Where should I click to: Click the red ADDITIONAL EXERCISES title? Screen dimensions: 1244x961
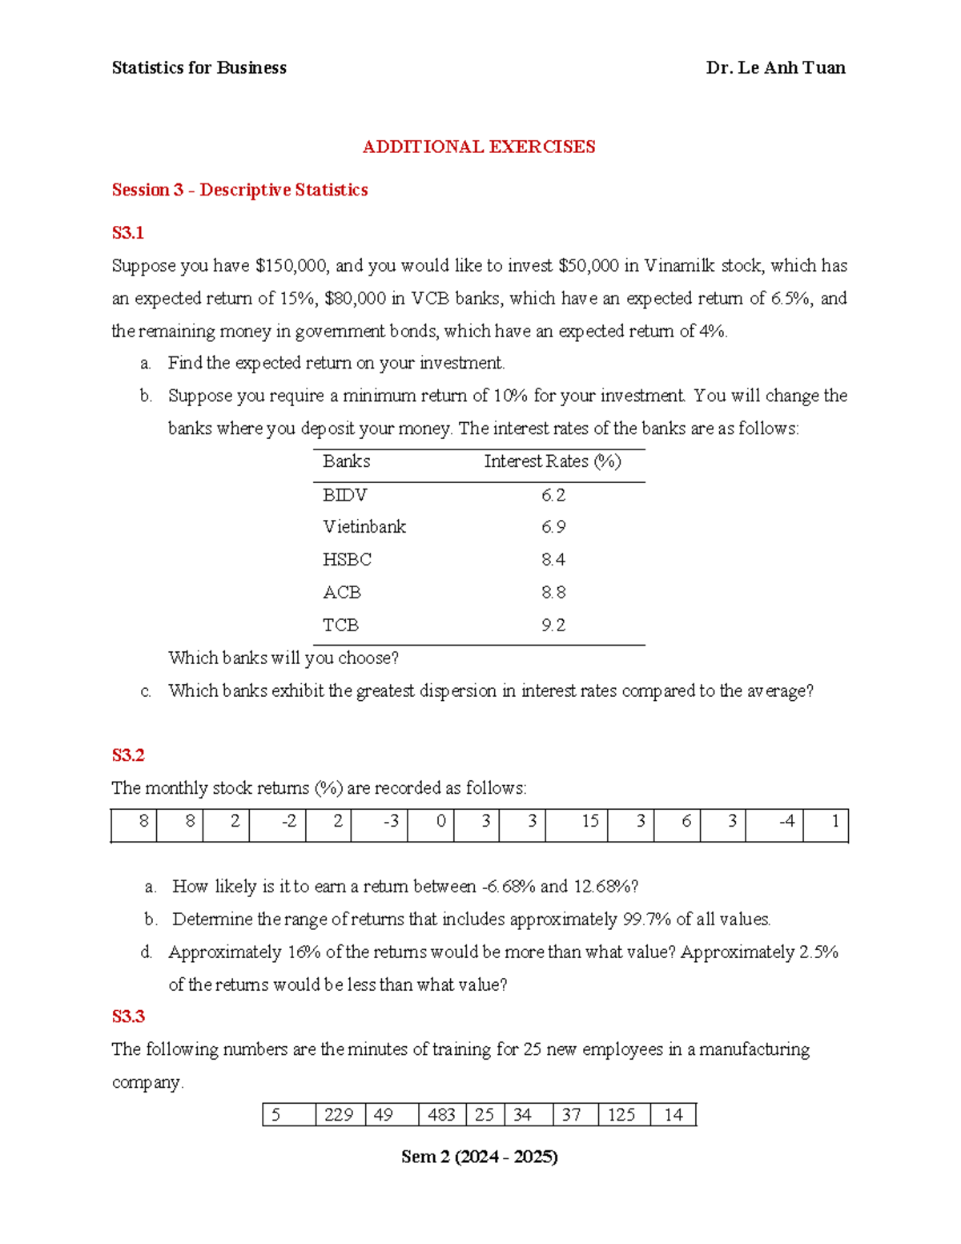tap(479, 147)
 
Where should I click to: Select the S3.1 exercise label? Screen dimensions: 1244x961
tap(127, 233)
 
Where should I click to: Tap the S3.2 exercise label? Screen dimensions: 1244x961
tap(127, 755)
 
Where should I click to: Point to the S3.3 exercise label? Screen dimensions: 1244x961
tap(128, 1017)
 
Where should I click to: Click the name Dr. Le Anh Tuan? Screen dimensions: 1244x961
tap(775, 68)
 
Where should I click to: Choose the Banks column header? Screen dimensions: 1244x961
tap(346, 461)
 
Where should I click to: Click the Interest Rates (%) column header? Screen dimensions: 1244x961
tap(553, 461)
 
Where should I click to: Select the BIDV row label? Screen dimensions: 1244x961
tap(344, 495)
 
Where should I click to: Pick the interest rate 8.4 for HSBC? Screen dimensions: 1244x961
tap(553, 560)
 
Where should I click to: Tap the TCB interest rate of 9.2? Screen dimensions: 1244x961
tap(553, 626)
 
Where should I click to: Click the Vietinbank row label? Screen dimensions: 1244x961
tap(364, 527)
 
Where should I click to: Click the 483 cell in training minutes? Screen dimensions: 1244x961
tap(441, 1115)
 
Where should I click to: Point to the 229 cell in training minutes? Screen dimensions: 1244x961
tap(339, 1115)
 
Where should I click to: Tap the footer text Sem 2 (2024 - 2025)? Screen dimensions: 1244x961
tap(479, 1157)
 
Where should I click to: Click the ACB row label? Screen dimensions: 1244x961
tap(342, 593)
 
